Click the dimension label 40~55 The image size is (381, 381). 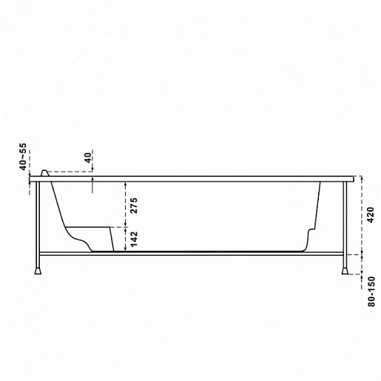tap(23, 156)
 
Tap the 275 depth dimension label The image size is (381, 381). tap(133, 206)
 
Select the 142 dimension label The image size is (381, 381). tap(133, 239)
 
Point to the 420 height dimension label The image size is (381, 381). tap(371, 215)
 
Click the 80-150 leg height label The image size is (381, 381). tap(371, 291)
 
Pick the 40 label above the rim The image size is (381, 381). tap(88, 158)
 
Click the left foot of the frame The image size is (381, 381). tap(38, 271)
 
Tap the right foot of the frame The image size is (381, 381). tap(345, 271)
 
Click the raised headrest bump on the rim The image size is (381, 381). tap(45, 173)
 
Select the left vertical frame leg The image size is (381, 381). tap(38, 225)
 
